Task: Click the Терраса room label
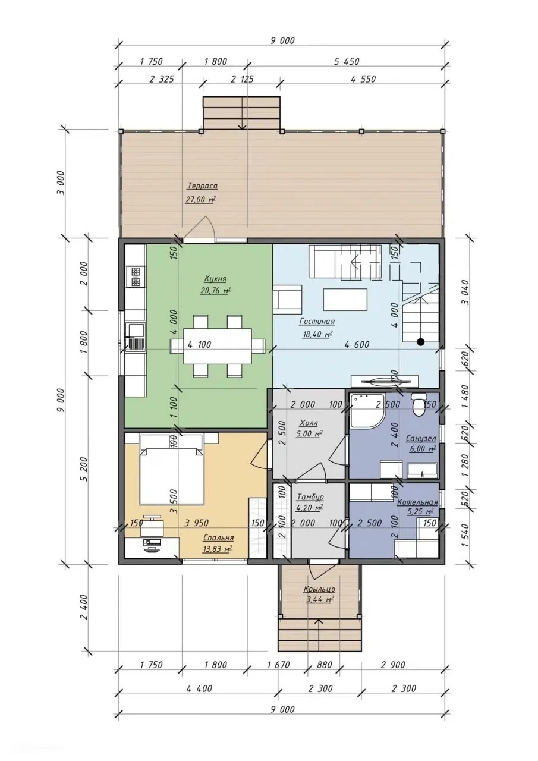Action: pyautogui.click(x=202, y=186)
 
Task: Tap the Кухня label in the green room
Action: pyautogui.click(x=215, y=279)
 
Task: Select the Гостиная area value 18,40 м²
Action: pyautogui.click(x=317, y=334)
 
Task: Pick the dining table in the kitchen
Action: pyautogui.click(x=218, y=345)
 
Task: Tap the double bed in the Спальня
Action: pyautogui.click(x=172, y=472)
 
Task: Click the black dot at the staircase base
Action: pyautogui.click(x=420, y=342)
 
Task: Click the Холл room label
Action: pyautogui.click(x=309, y=423)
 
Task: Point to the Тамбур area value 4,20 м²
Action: pyautogui.click(x=309, y=508)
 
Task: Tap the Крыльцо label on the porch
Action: pyautogui.click(x=320, y=589)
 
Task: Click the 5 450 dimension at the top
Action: pyautogui.click(x=347, y=61)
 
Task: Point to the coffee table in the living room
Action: pyautogui.click(x=345, y=299)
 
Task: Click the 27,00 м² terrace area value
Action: pyautogui.click(x=200, y=199)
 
